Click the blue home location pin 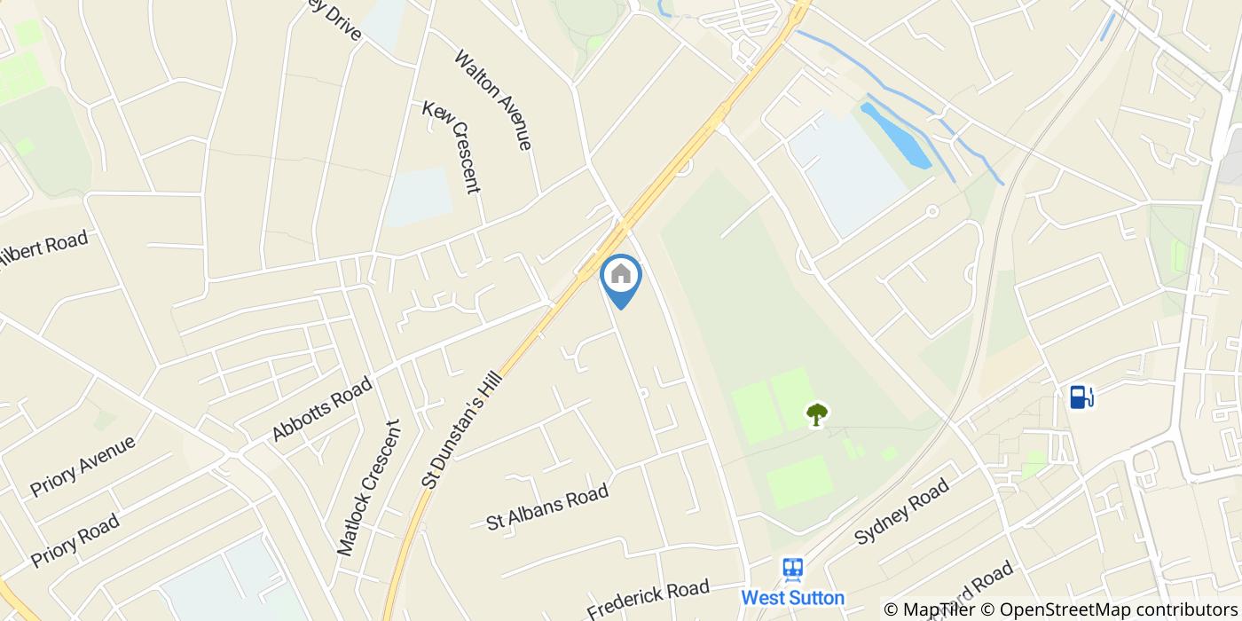621,277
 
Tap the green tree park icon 817,413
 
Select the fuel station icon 1081,396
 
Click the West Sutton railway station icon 792,569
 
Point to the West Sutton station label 792,597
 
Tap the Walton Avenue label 493,99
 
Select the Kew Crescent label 452,146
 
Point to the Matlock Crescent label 369,489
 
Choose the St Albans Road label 547,507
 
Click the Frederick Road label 649,598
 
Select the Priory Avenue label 83,466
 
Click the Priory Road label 75,541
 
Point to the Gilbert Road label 44,252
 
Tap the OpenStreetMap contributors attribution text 1117,609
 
